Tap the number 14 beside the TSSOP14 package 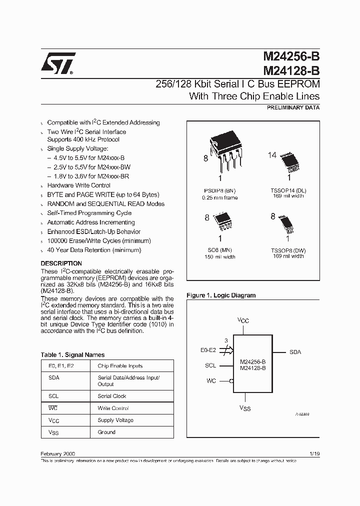[272, 155]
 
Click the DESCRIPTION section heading [61, 263]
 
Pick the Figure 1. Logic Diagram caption [221, 295]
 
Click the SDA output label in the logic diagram [295, 352]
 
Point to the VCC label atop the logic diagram [242, 320]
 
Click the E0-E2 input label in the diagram [208, 351]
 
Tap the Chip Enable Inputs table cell [120, 366]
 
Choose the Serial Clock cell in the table [112, 396]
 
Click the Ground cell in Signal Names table [106, 432]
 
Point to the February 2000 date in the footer [57, 453]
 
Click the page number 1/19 [313, 453]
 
